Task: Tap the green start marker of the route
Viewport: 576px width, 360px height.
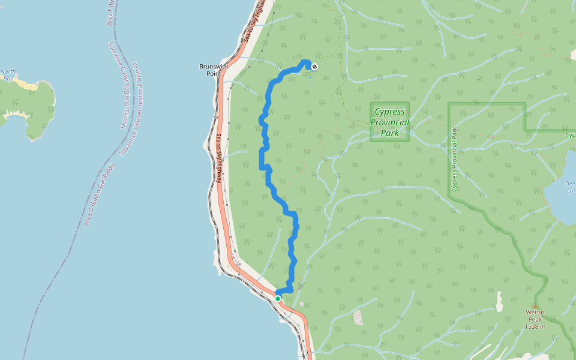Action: tap(278, 298)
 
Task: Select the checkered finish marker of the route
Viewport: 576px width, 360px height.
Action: tap(314, 66)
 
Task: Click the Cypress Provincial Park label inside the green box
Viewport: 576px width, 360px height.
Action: tap(389, 122)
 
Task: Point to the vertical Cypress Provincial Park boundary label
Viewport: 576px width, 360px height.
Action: tap(455, 159)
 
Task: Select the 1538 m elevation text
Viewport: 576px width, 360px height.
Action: tap(535, 326)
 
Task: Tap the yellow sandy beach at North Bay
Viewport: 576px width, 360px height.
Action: tap(27, 85)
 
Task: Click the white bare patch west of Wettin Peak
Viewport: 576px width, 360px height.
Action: tap(358, 317)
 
